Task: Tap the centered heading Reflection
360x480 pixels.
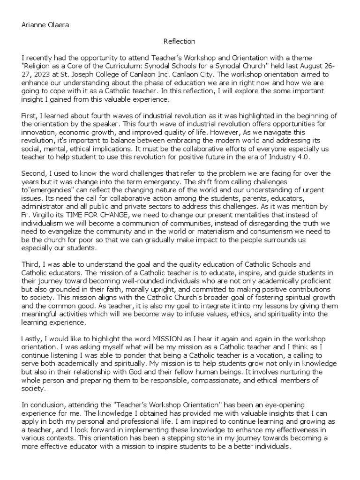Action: pos(180,41)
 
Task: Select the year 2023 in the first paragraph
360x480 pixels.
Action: pos(39,75)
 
